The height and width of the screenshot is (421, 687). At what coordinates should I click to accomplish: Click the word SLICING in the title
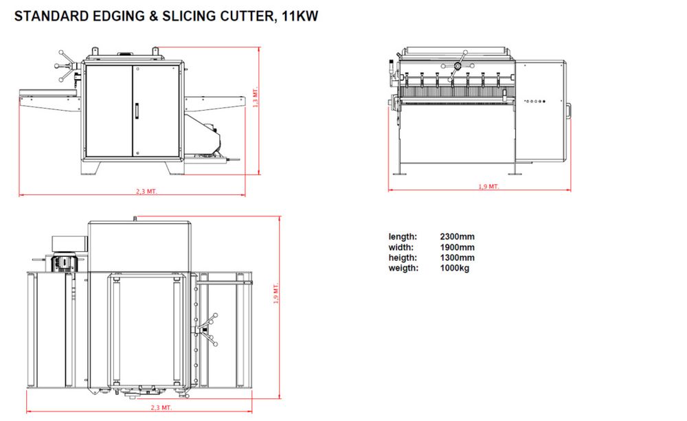[190, 16]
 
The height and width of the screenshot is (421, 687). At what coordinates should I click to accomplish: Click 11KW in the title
[300, 16]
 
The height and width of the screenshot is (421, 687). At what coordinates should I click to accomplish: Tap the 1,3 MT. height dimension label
[256, 98]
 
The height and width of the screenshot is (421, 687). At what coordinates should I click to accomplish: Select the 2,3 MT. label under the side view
[146, 192]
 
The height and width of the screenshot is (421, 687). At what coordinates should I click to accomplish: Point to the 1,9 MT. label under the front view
[488, 187]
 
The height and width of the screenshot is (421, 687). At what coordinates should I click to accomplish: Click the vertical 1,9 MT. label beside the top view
[276, 293]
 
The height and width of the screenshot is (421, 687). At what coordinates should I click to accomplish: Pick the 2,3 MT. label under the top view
[161, 408]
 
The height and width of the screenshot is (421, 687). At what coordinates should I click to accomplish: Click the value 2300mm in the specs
[458, 236]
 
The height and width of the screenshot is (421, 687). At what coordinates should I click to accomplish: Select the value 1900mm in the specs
[458, 247]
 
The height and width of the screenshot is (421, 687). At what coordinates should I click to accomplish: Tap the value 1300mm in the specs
[458, 258]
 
